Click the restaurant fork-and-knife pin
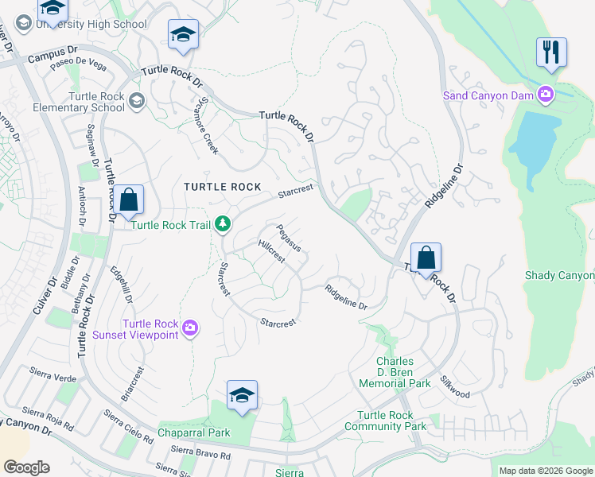pos(551,53)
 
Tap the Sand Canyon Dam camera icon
pos(546,95)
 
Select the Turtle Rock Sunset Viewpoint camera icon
pos(189,328)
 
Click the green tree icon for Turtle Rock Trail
pos(224,225)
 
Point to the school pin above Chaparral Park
pos(242,395)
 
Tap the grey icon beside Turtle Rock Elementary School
pos(138,101)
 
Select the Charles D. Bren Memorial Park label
pos(395,372)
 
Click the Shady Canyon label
pos(559,275)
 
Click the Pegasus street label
pos(288,238)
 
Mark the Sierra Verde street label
pos(53,371)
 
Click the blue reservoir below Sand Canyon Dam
pos(531,140)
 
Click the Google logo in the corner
pos(26,467)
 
